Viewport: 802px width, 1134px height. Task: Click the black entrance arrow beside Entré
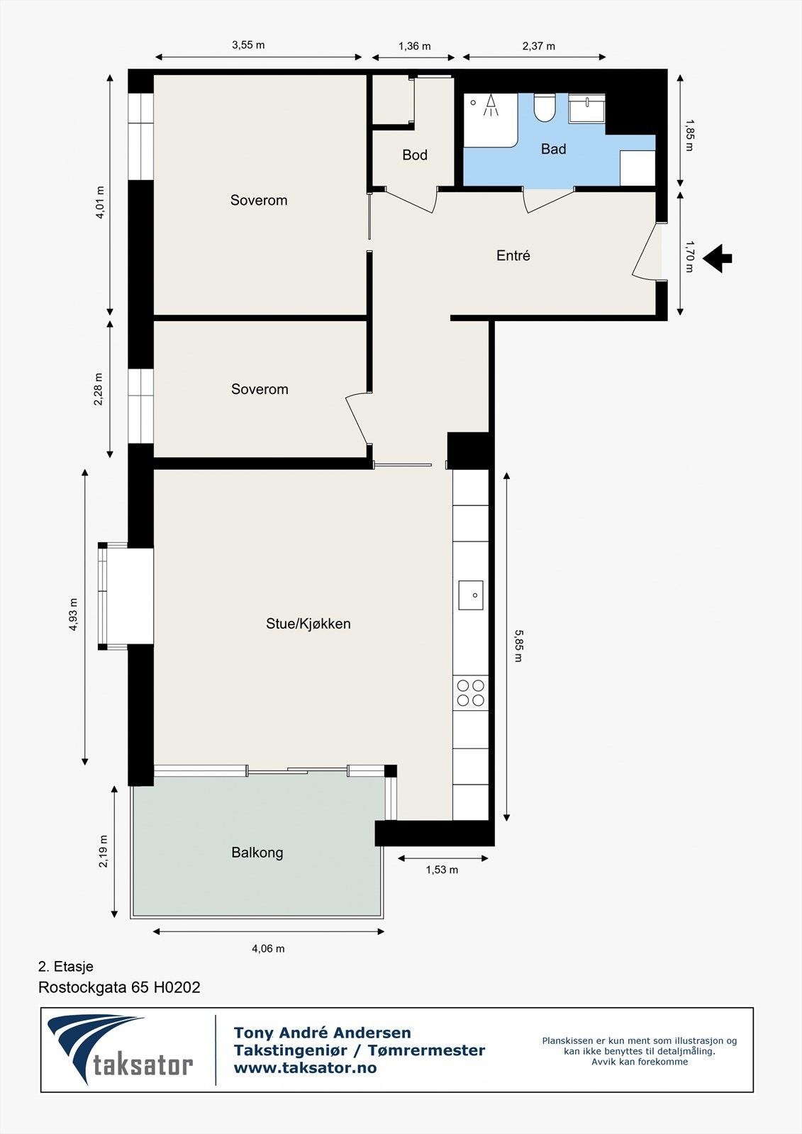[718, 258]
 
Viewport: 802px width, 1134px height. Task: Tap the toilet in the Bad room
[545, 108]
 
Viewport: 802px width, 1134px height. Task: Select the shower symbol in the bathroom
[491, 107]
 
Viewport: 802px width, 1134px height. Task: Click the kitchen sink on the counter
[471, 595]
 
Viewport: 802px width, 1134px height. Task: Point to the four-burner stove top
[471, 693]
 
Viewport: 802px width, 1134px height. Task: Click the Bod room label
[415, 155]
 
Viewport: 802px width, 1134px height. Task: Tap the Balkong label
[257, 852]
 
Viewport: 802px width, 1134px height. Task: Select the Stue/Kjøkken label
[308, 624]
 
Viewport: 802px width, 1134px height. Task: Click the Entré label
[513, 255]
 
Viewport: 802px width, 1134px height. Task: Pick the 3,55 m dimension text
[248, 45]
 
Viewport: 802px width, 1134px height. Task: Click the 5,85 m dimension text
[518, 645]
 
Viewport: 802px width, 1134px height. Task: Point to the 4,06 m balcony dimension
[268, 948]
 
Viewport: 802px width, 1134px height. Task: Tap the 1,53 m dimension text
[442, 870]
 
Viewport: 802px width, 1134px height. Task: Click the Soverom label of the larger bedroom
[259, 200]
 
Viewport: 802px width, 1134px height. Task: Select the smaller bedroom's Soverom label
[260, 389]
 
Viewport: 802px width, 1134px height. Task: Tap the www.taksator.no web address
[305, 1068]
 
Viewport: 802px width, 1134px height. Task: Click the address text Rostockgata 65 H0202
[119, 987]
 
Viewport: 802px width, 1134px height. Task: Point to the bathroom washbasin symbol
[586, 108]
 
